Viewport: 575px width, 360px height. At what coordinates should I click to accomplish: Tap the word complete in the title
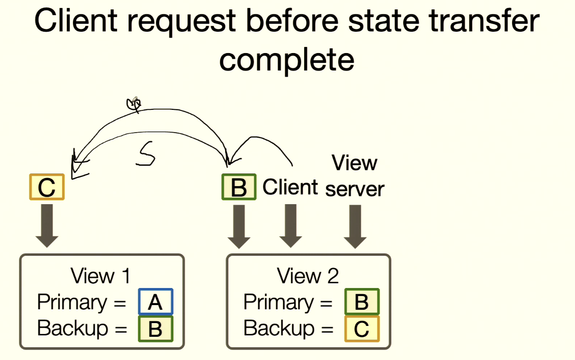pyautogui.click(x=287, y=60)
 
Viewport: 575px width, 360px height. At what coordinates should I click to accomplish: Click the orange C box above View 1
pyautogui.click(x=46, y=187)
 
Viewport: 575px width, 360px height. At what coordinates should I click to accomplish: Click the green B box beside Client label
pyautogui.click(x=239, y=187)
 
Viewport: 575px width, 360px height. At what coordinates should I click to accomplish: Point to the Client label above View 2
pyautogui.click(x=290, y=188)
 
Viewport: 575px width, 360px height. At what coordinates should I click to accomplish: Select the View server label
pyautogui.click(x=355, y=176)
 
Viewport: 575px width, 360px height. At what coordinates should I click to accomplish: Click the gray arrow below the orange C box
pyautogui.click(x=46, y=225)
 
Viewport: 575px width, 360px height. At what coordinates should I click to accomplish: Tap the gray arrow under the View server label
pyautogui.click(x=355, y=226)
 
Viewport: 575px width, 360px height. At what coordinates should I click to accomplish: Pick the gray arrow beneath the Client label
pyautogui.click(x=290, y=225)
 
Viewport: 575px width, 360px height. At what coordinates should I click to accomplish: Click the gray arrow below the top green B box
pyautogui.click(x=239, y=226)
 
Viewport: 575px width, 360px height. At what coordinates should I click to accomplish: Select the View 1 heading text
pyautogui.click(x=100, y=276)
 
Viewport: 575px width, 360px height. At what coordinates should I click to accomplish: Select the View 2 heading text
pyautogui.click(x=308, y=276)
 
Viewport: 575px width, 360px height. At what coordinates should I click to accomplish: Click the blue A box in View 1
pyautogui.click(x=156, y=302)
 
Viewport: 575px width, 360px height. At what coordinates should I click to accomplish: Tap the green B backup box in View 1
pyautogui.click(x=156, y=328)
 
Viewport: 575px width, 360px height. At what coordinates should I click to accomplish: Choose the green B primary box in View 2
pyautogui.click(x=362, y=302)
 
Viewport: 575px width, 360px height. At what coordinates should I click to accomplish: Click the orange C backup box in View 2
pyautogui.click(x=362, y=328)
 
